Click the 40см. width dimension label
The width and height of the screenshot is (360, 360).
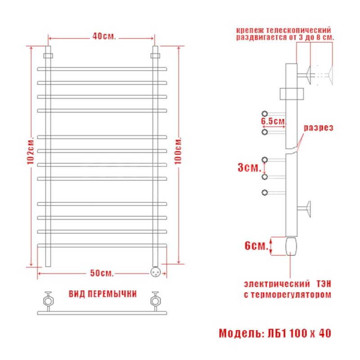[104, 36]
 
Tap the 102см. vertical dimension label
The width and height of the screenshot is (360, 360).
[31, 151]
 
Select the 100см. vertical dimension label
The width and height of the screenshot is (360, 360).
[178, 151]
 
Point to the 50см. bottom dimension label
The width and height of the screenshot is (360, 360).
[102, 273]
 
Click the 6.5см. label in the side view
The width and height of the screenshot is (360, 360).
[274, 121]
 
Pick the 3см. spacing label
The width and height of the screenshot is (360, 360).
[250, 167]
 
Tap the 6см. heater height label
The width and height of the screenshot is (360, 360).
[256, 246]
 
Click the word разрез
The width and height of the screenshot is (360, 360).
[319, 128]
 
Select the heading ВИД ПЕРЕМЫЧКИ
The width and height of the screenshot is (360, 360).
[103, 294]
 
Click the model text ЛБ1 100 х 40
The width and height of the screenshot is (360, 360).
[299, 333]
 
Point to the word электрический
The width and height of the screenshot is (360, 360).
[277, 284]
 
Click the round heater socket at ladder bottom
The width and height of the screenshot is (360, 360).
[155, 272]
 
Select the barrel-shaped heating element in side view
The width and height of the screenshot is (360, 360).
[291, 246]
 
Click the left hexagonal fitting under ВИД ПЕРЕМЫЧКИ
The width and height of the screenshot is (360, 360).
[49, 301]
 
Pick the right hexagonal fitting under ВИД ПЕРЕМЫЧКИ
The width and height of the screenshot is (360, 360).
[155, 301]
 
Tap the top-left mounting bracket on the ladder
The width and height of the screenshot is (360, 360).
[48, 56]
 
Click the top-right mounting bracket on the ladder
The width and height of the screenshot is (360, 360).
[155, 56]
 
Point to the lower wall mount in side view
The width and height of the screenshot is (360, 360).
[304, 209]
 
